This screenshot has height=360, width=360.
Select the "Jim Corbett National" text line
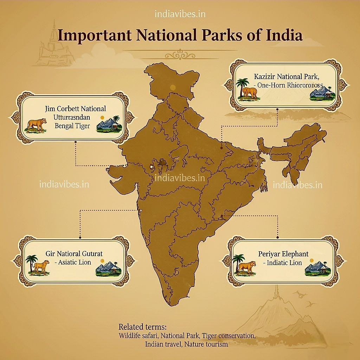click(x=76, y=109)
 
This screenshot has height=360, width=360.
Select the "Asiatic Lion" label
click(x=70, y=262)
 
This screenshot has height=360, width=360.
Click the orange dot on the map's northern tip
click(x=173, y=87)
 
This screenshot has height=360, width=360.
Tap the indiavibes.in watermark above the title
click(x=180, y=14)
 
